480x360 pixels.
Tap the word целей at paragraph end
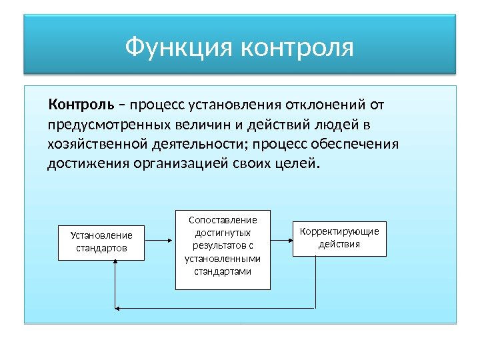tap(297, 163)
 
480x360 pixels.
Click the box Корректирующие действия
tap(339, 238)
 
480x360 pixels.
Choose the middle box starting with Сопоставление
tap(223, 249)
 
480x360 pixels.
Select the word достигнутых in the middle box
tap(223, 233)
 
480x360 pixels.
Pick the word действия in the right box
tap(339, 244)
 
